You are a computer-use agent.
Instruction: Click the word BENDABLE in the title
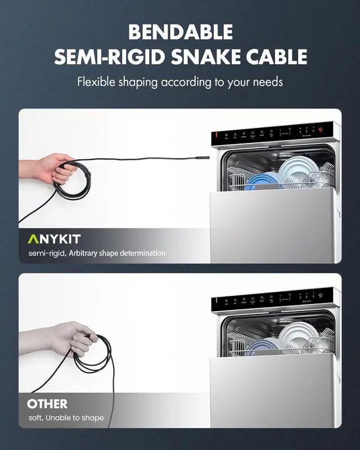tap(180, 32)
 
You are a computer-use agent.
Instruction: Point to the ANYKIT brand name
tap(54, 239)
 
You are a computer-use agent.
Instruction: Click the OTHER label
tap(47, 403)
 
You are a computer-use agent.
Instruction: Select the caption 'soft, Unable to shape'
tap(66, 418)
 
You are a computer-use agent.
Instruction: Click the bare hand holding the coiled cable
tap(48, 168)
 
